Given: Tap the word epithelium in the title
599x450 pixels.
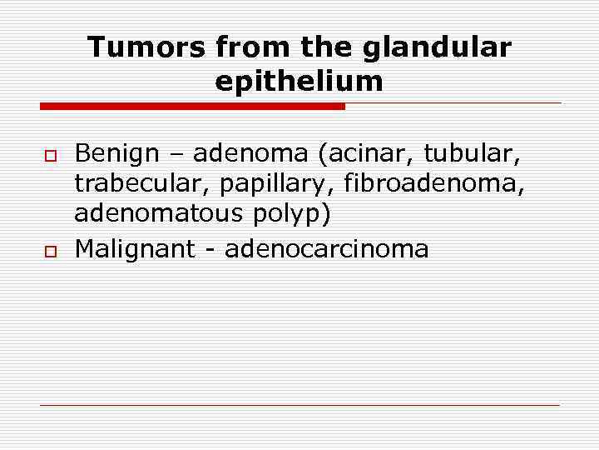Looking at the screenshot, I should (299, 82).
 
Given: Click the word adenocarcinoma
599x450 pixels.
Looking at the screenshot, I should (327, 249).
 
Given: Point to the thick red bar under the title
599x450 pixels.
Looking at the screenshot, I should (192, 107).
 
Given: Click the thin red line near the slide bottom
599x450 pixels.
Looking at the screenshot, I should (299, 405).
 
